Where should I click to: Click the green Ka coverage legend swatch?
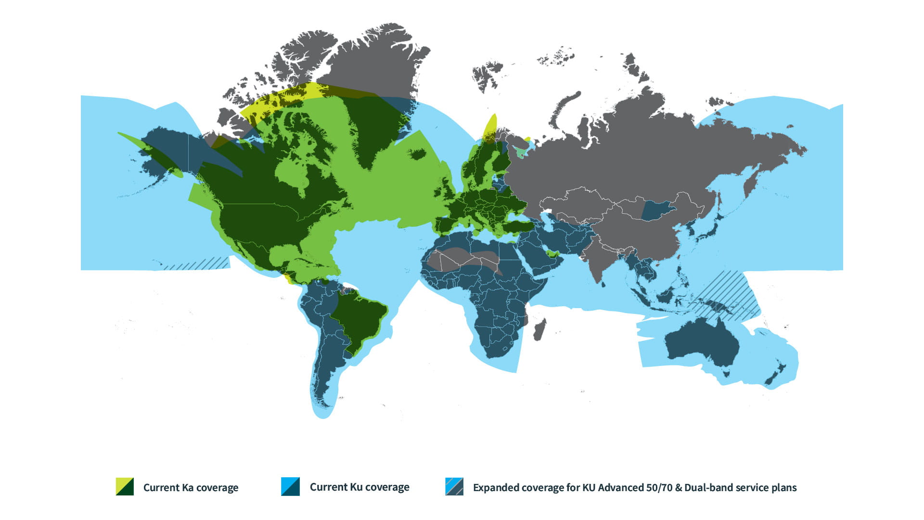[x=125, y=486]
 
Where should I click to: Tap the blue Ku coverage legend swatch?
[x=290, y=486]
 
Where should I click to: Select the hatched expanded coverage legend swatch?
[x=454, y=486]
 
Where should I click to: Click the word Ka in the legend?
[x=188, y=487]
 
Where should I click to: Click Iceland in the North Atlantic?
[x=417, y=154]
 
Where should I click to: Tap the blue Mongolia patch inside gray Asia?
[x=657, y=210]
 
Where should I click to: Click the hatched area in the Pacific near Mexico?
[x=197, y=264]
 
